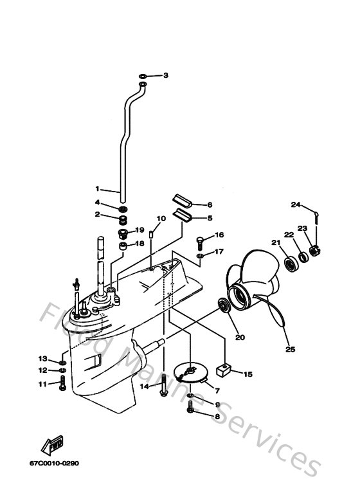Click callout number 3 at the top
165,76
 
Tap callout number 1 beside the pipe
97,189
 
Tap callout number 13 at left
42,358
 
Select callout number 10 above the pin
161,219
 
